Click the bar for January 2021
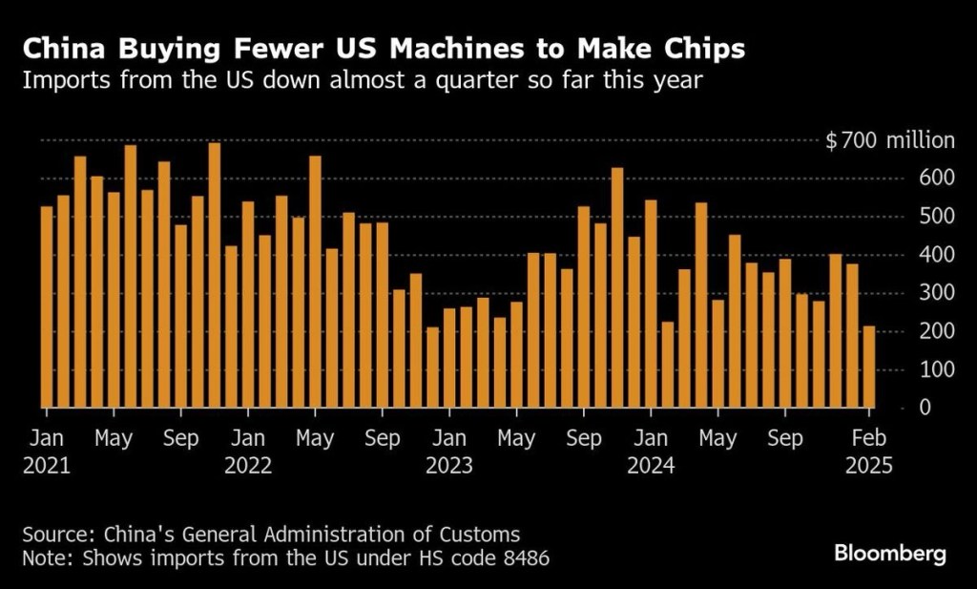pyautogui.click(x=47, y=305)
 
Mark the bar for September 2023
pyautogui.click(x=583, y=305)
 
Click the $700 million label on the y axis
pyautogui.click(x=889, y=141)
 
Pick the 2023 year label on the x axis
pyautogui.click(x=449, y=467)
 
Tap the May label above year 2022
pyautogui.click(x=315, y=439)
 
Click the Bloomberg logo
pyautogui.click(x=890, y=553)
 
